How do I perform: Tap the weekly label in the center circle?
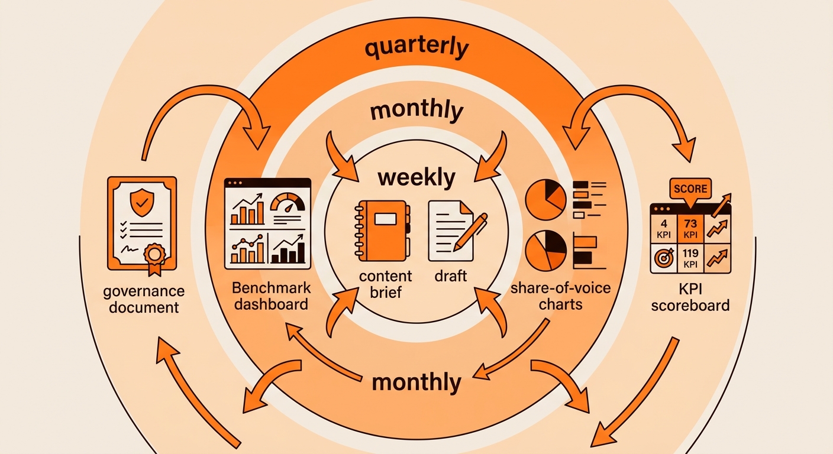[x=417, y=178]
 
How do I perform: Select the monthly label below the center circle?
[x=417, y=382]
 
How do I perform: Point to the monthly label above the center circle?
[x=417, y=110]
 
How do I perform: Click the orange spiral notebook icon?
[x=383, y=231]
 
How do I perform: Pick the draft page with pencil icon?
[x=457, y=231]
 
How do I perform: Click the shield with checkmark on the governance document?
[x=141, y=203]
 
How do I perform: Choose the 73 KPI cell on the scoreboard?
[x=690, y=229]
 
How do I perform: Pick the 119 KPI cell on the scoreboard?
[x=690, y=258]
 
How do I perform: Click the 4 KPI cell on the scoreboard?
[x=664, y=229]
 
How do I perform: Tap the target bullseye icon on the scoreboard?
[x=664, y=258]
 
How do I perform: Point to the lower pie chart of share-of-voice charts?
[x=545, y=251]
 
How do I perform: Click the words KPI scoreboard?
[x=690, y=297]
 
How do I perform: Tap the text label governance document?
[x=144, y=299]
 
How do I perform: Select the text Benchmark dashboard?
[x=271, y=296]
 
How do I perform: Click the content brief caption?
[x=386, y=284]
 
